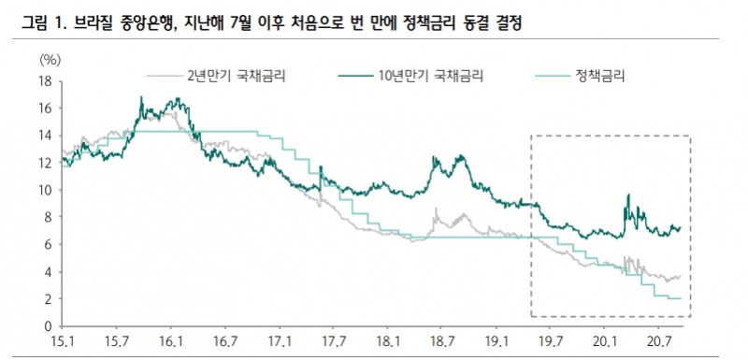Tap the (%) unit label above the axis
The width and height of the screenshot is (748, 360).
pyautogui.click(x=50, y=58)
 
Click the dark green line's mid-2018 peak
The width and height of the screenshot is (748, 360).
pyautogui.click(x=459, y=156)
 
